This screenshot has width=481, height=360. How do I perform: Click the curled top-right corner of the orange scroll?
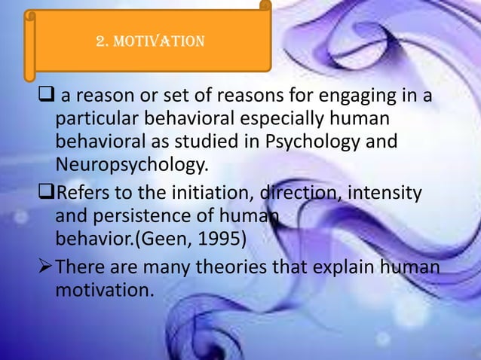(x=265, y=8)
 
